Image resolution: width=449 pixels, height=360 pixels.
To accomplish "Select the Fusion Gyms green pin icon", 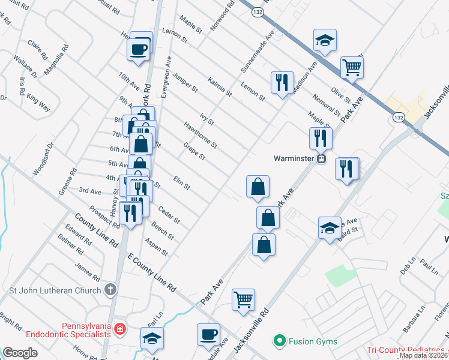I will click(x=279, y=341).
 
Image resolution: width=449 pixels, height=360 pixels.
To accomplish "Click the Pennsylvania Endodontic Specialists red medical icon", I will click(x=120, y=329).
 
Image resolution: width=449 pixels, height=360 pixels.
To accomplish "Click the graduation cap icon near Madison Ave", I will click(x=325, y=40).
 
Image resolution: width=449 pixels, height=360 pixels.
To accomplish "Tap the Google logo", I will click(x=20, y=353).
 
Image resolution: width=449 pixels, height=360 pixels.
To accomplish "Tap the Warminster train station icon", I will click(x=322, y=159).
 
